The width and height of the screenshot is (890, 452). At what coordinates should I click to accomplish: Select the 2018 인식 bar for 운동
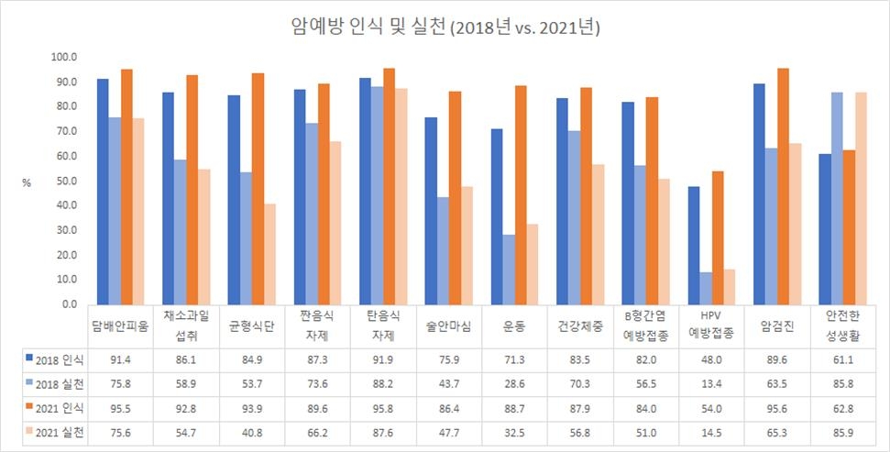(498, 216)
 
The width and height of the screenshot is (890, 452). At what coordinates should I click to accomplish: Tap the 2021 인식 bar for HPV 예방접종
(717, 237)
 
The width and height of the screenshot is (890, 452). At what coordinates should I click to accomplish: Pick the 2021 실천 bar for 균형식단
(244, 253)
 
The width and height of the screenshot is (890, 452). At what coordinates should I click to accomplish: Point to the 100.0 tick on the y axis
(63, 58)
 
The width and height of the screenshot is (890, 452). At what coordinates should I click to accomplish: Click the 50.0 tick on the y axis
(63, 181)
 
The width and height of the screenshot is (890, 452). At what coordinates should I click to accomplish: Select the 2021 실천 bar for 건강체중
(572, 234)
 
